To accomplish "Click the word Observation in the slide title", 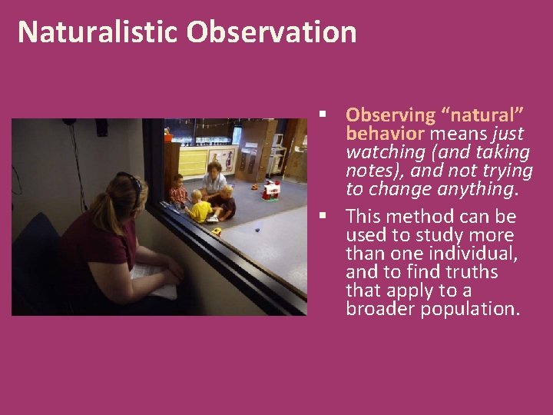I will point(271,32).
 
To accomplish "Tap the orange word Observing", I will point(390,115).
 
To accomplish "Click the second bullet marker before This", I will point(326,217).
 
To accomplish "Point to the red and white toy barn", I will point(271,189).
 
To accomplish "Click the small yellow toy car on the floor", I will point(217,231).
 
